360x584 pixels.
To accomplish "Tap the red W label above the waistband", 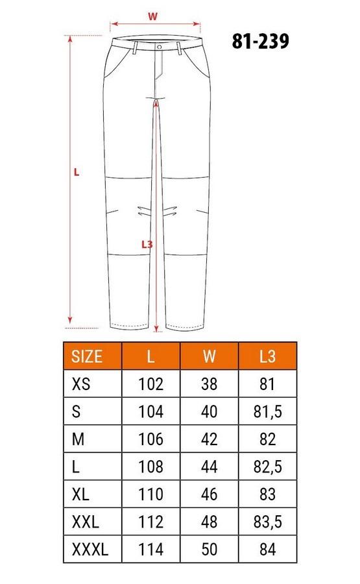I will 153,16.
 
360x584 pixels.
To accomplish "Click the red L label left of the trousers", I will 77,172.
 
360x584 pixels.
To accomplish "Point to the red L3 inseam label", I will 147,245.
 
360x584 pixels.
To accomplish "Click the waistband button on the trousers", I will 159,46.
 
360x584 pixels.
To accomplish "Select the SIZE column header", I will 87,356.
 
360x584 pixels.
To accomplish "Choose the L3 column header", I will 267,356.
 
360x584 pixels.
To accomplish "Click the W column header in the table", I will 209,356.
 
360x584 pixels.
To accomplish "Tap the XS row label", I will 80,383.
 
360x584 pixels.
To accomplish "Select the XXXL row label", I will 90,549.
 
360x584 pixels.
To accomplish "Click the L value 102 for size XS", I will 150,383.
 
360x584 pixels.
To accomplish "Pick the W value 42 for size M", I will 209,439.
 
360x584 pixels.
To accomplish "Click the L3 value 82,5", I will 267,467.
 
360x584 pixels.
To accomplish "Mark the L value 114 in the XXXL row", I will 150,549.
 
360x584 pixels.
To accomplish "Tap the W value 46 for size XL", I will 209,494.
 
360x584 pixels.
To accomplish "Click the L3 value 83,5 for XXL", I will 267,522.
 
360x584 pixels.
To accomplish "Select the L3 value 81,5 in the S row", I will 267,411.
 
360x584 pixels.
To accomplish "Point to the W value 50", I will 209,549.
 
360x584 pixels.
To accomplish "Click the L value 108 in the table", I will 150,467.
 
